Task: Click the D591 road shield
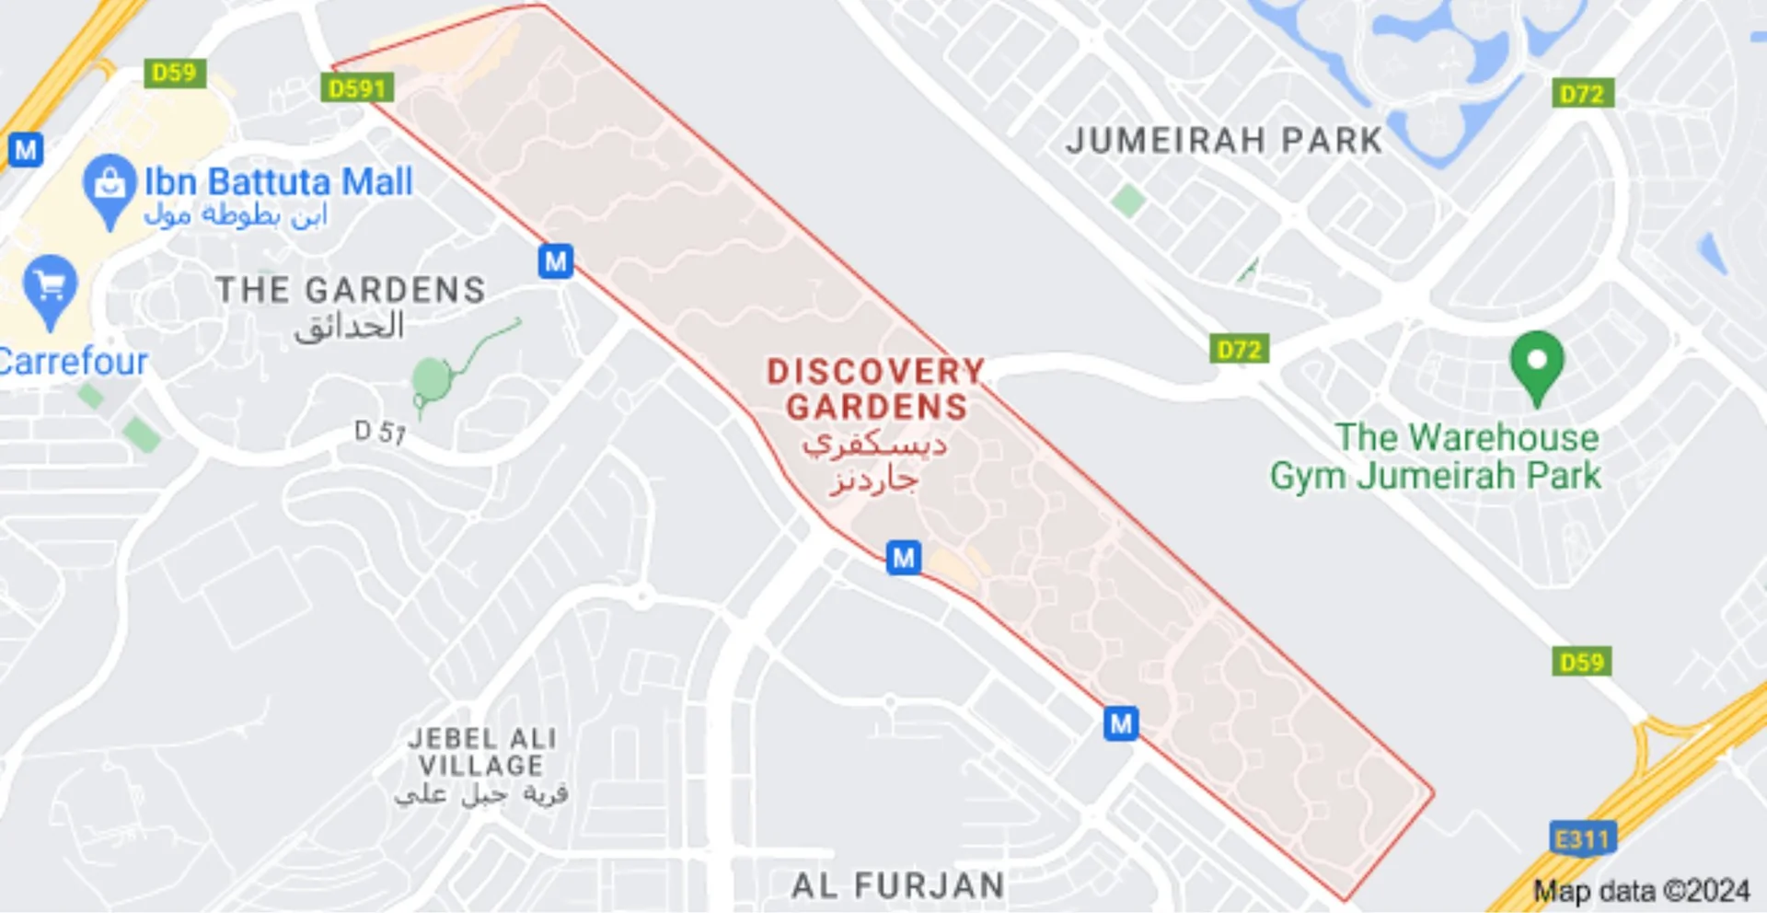pyautogui.click(x=357, y=88)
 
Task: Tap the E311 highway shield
pyautogui.click(x=1581, y=838)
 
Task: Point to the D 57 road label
pyautogui.click(x=380, y=431)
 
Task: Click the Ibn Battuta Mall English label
pyautogui.click(x=278, y=181)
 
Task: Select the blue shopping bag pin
pyautogui.click(x=110, y=186)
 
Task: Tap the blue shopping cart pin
pyautogui.click(x=50, y=288)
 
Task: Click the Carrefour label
pyautogui.click(x=74, y=362)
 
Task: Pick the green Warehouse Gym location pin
pyautogui.click(x=1536, y=364)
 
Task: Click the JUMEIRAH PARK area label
pyautogui.click(x=1224, y=141)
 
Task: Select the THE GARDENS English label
pyautogui.click(x=351, y=290)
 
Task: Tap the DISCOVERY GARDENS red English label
pyautogui.click(x=876, y=389)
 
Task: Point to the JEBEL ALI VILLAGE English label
pyautogui.click(x=482, y=752)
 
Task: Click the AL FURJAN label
pyautogui.click(x=897, y=885)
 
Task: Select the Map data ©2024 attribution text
pyautogui.click(x=1641, y=891)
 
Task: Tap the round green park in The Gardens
pyautogui.click(x=432, y=378)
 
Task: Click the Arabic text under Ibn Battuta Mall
pyautogui.click(x=236, y=215)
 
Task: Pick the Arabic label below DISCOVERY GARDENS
pyautogui.click(x=874, y=462)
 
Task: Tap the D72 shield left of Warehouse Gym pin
pyautogui.click(x=1239, y=350)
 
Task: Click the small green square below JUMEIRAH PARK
pyautogui.click(x=1127, y=200)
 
